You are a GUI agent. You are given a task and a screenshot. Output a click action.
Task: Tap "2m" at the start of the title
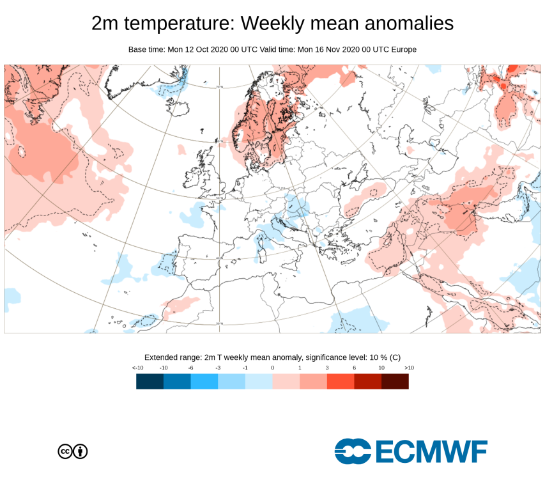(106, 24)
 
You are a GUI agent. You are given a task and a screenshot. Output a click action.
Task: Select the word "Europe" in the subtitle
(403, 49)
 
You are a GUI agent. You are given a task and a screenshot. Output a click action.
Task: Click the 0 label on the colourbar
(272, 368)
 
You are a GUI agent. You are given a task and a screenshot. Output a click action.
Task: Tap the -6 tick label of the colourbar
(190, 368)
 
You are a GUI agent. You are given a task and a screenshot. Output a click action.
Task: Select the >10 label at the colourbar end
(409, 368)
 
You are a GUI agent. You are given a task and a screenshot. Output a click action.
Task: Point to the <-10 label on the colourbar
(137, 368)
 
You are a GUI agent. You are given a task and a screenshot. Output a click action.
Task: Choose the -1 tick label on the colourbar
(245, 368)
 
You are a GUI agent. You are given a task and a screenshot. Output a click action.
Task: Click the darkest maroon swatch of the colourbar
(395, 382)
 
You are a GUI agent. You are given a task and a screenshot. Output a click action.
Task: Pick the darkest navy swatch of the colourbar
(150, 382)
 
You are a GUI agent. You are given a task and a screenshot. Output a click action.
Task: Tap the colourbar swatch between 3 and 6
(341, 382)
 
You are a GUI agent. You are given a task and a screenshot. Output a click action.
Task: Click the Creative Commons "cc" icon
(65, 451)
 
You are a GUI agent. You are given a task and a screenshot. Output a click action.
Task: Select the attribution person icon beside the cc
(81, 451)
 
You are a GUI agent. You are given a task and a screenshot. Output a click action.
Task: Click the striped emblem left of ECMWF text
(353, 451)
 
